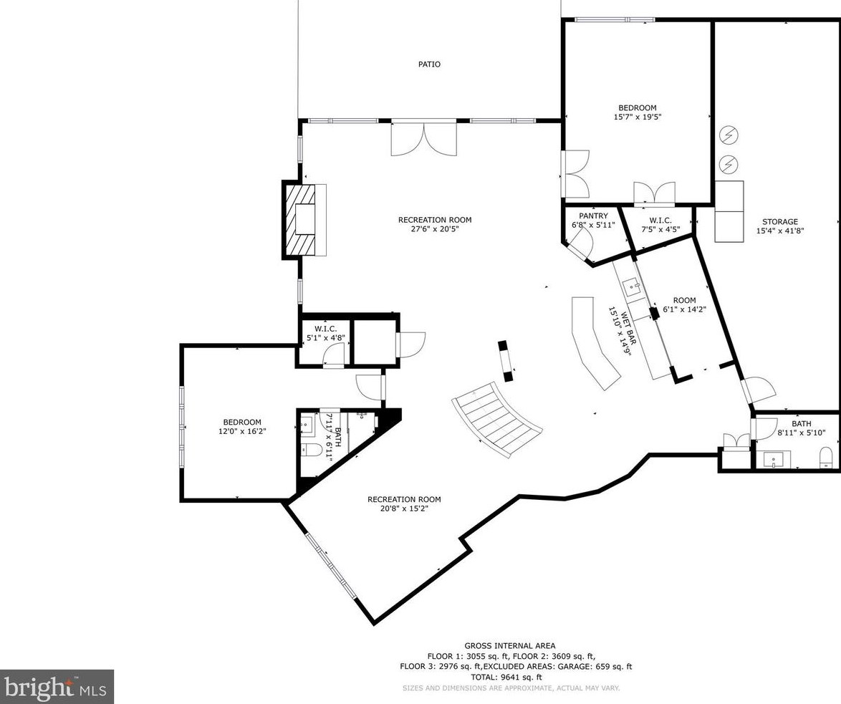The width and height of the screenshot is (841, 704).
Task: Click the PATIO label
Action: click(x=429, y=64)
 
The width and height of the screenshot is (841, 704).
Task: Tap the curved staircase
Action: click(x=498, y=420)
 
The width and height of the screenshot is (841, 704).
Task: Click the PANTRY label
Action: click(x=593, y=216)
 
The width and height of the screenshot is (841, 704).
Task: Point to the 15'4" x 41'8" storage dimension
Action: click(x=779, y=231)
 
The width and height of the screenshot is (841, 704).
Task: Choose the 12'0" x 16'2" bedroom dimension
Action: click(x=241, y=432)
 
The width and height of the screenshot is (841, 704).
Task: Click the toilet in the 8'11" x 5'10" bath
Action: click(x=825, y=457)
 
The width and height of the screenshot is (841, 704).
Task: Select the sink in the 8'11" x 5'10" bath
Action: click(x=774, y=458)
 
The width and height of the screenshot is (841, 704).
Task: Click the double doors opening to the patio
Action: click(x=423, y=139)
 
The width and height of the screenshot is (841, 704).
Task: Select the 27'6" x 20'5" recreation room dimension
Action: click(x=435, y=230)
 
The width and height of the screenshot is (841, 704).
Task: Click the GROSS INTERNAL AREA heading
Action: click(x=509, y=646)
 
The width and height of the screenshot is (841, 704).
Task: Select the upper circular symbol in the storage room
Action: click(x=729, y=135)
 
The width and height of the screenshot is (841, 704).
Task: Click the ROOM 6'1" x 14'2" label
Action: click(x=684, y=305)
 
